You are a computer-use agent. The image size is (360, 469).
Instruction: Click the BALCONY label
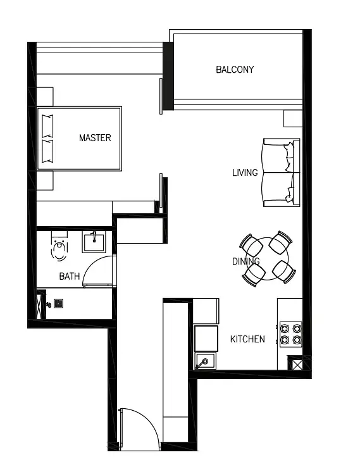[x=235, y=70]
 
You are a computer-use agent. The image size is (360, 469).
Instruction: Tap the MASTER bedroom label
[x=95, y=138]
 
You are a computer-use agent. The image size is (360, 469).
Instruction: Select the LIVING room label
[x=245, y=173]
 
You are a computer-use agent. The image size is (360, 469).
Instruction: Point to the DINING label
[x=245, y=261]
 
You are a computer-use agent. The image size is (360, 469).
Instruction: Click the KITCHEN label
[x=247, y=339]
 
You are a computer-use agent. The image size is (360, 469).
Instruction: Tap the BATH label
[x=70, y=276]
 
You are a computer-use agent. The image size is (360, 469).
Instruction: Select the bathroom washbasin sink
[x=94, y=242]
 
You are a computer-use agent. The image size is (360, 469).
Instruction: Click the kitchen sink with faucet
[x=205, y=361]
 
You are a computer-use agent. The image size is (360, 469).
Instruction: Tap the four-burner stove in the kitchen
[x=290, y=334]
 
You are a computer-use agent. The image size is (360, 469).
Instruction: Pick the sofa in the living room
[x=282, y=173]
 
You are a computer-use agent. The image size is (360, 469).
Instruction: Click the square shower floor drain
[x=58, y=304]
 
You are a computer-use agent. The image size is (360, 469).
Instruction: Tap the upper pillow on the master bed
[x=47, y=126]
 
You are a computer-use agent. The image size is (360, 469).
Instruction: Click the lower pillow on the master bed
[x=47, y=151]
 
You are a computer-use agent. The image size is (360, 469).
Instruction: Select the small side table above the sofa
[x=293, y=118]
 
